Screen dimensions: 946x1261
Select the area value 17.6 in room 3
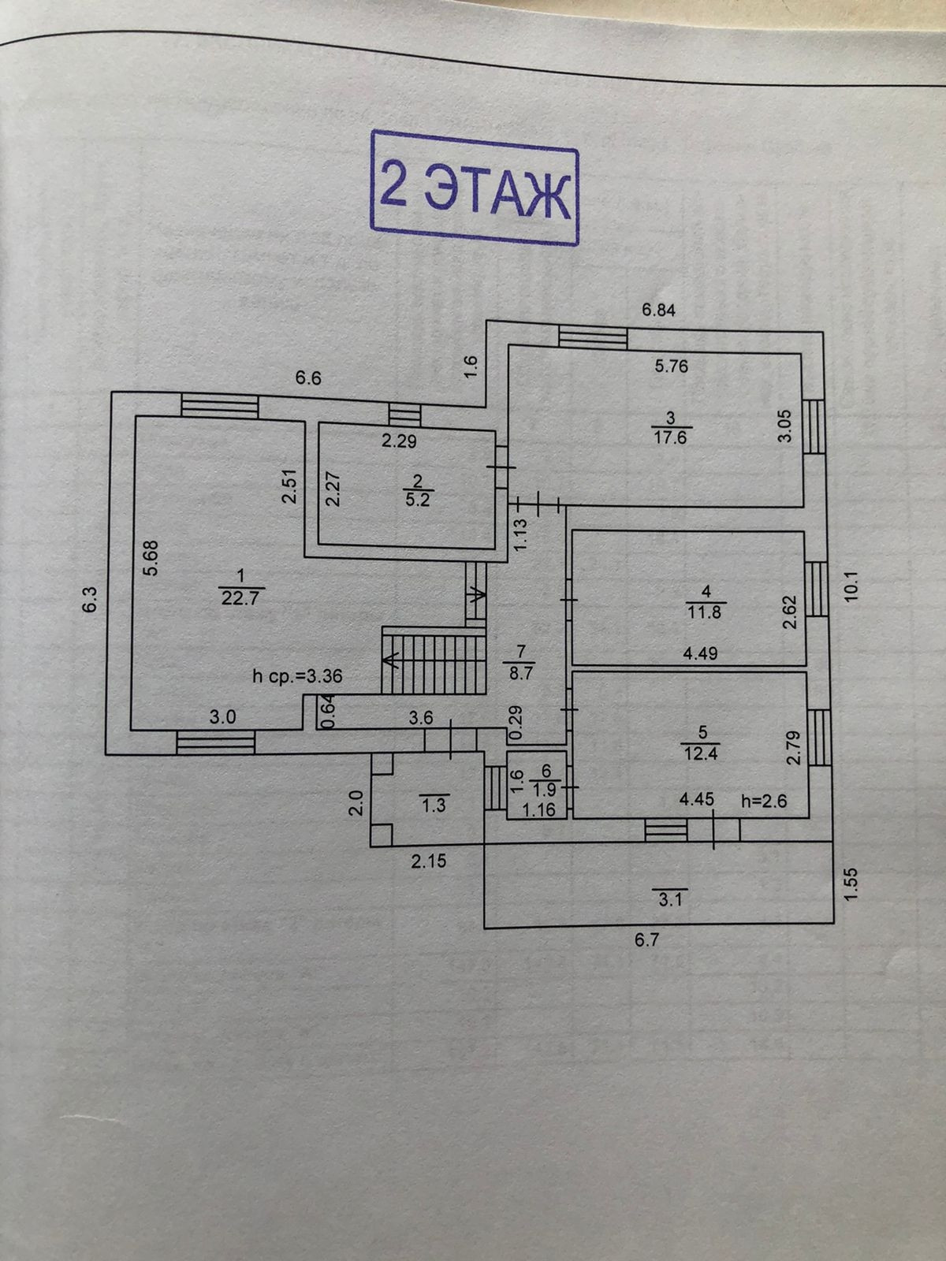(670, 437)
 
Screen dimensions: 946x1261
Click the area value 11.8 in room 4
(704, 611)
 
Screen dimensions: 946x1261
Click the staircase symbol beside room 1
(432, 660)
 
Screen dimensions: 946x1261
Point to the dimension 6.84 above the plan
(658, 310)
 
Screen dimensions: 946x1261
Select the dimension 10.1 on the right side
(849, 585)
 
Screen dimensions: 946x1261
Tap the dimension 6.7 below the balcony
(646, 940)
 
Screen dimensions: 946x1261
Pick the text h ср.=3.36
(296, 675)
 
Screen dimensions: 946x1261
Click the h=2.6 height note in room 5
(765, 800)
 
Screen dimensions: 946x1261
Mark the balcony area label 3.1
(670, 900)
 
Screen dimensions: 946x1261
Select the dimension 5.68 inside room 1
(152, 556)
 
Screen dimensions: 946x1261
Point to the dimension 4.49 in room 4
(700, 653)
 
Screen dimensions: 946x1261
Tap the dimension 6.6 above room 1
(308, 378)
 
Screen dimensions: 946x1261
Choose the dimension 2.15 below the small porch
(428, 861)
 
